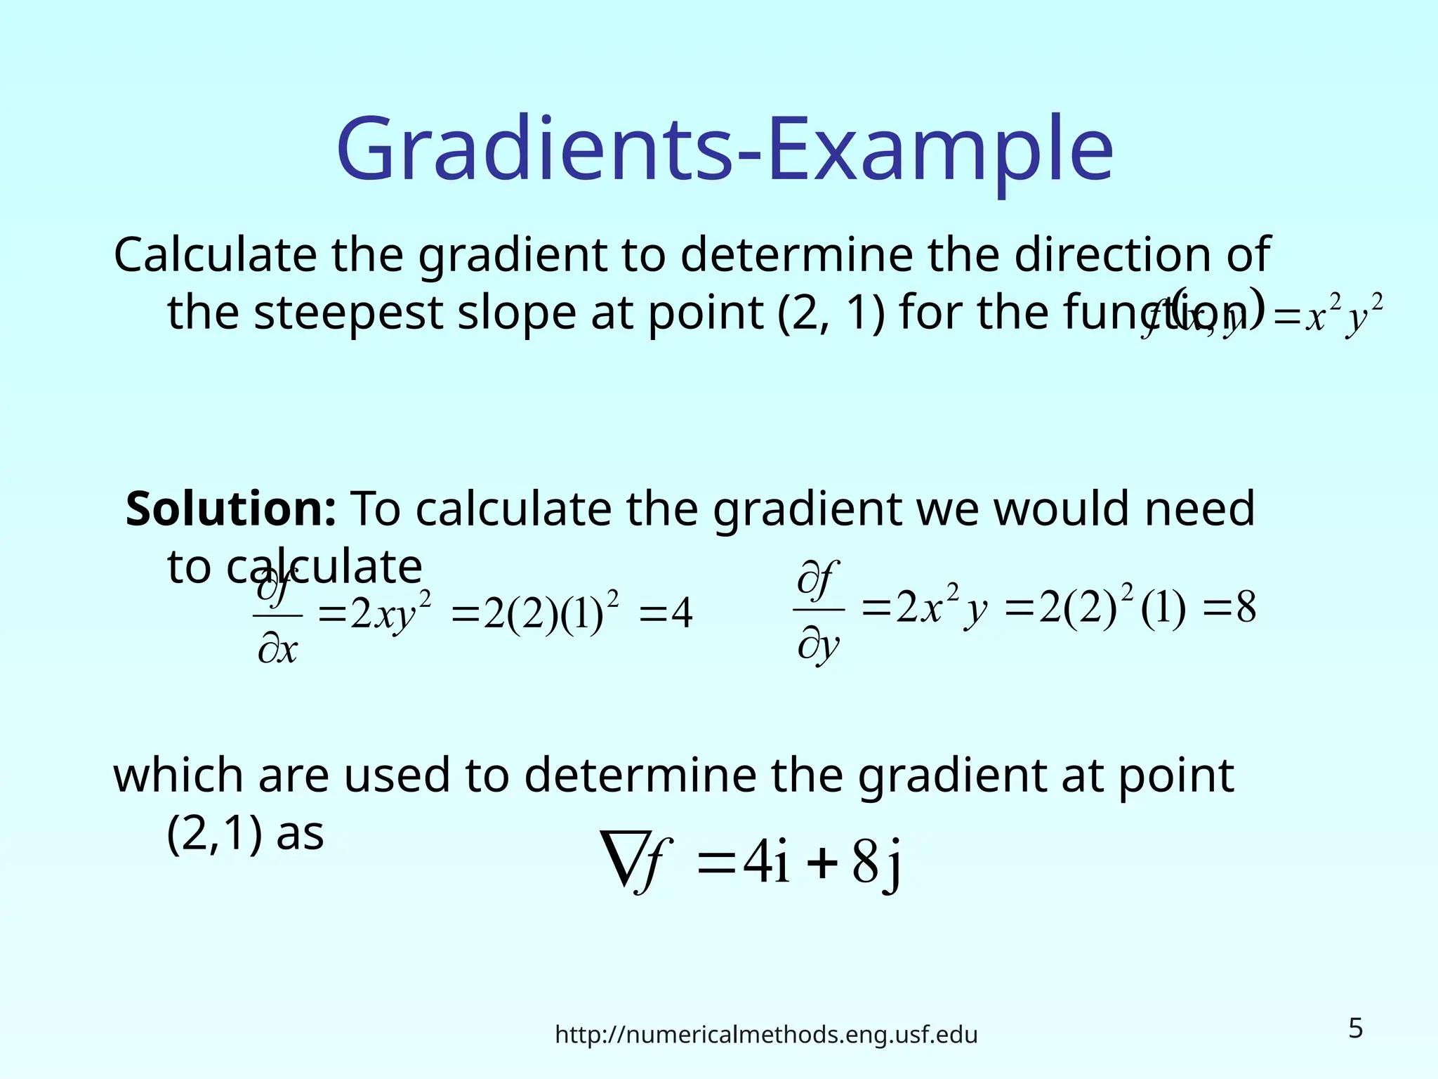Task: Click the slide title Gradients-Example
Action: click(725, 150)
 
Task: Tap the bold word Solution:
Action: click(231, 509)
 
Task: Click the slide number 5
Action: click(1355, 1028)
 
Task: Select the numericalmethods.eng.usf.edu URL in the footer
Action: click(766, 1035)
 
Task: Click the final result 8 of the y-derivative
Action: click(1246, 608)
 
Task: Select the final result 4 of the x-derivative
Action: click(681, 613)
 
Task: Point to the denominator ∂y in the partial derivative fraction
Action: click(818, 645)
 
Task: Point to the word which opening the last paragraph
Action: click(178, 776)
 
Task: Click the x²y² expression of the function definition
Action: click(1343, 318)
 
